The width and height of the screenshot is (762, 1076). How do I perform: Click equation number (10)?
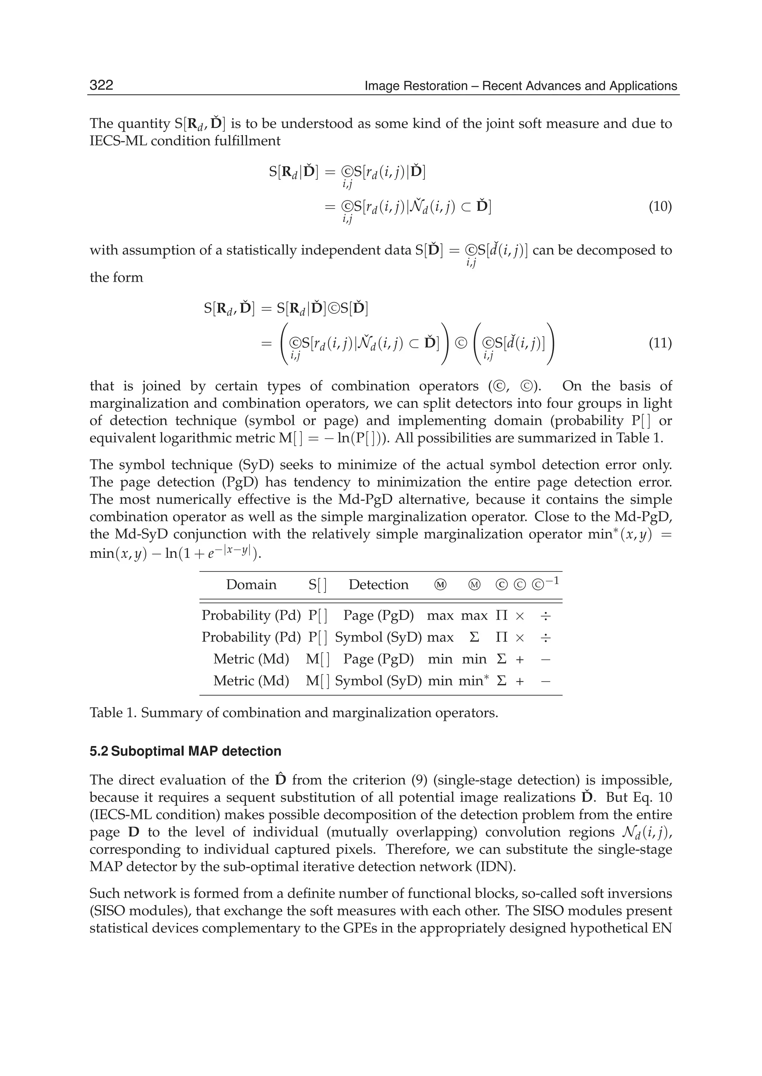(x=660, y=206)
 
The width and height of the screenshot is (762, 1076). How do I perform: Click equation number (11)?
(x=660, y=343)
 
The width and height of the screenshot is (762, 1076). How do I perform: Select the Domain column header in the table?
(x=251, y=585)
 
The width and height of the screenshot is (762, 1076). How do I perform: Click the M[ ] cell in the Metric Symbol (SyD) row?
(x=317, y=680)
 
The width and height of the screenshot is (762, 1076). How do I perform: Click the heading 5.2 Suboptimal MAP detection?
(x=185, y=751)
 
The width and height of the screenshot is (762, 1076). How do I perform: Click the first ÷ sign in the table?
(x=545, y=615)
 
